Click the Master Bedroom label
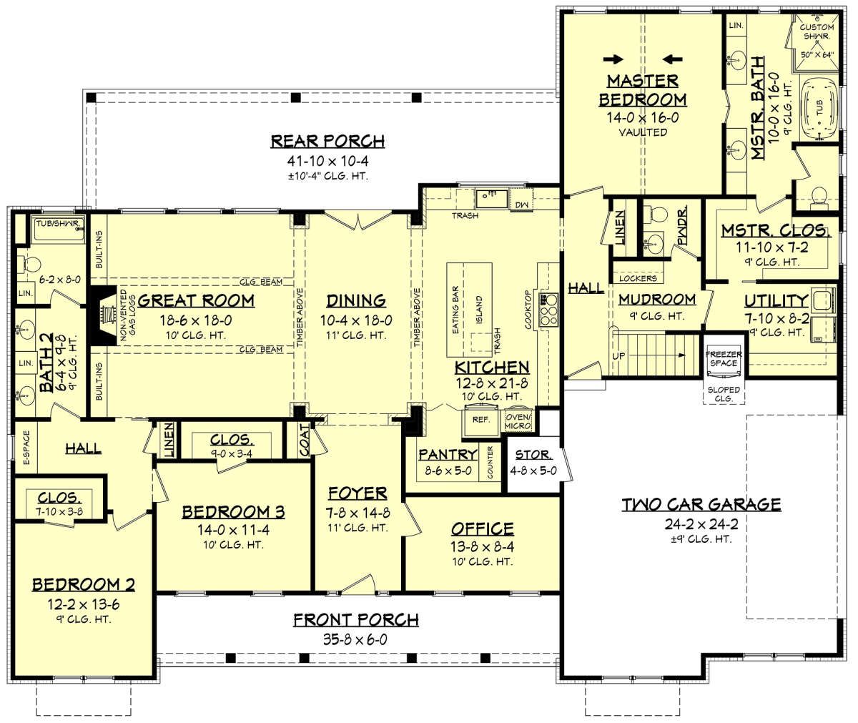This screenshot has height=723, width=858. pyautogui.click(x=643, y=90)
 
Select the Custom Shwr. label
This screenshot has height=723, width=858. pyautogui.click(x=817, y=31)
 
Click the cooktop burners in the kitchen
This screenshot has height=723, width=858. pyautogui.click(x=548, y=310)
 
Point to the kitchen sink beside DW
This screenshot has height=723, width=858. pyautogui.click(x=491, y=199)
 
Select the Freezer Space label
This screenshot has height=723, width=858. pyautogui.click(x=724, y=358)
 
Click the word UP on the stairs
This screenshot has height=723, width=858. pyautogui.click(x=618, y=356)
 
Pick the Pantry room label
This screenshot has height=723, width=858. pyautogui.click(x=448, y=454)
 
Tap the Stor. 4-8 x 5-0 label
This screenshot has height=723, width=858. pyautogui.click(x=533, y=463)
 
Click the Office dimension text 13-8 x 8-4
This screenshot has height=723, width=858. pyautogui.click(x=483, y=546)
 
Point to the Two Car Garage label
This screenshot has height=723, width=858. pyautogui.click(x=701, y=504)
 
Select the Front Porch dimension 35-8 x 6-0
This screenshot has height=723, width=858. pyautogui.click(x=355, y=639)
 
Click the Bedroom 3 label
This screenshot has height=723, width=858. pyautogui.click(x=233, y=512)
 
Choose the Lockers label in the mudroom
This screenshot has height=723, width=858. pyautogui.click(x=638, y=278)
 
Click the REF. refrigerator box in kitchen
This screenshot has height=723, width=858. pyautogui.click(x=480, y=419)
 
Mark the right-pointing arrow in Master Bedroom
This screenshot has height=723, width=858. pyautogui.click(x=613, y=59)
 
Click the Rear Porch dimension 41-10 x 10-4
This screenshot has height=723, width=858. pyautogui.click(x=327, y=160)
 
